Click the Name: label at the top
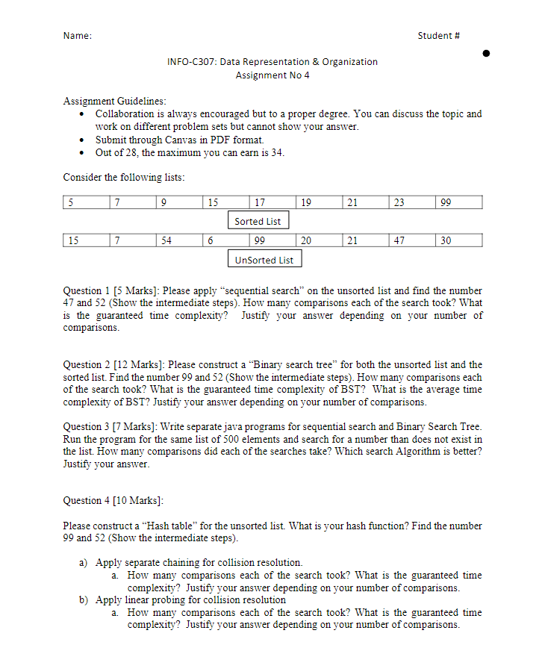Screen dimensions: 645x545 [x=78, y=36]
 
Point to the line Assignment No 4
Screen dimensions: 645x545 [x=272, y=75]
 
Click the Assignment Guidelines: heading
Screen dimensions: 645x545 [x=115, y=101]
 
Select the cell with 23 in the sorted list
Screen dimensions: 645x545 [x=411, y=202]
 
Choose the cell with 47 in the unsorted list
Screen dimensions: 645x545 [x=411, y=240]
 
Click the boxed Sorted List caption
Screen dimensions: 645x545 [x=258, y=221]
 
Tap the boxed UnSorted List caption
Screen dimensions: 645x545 [x=264, y=260]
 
